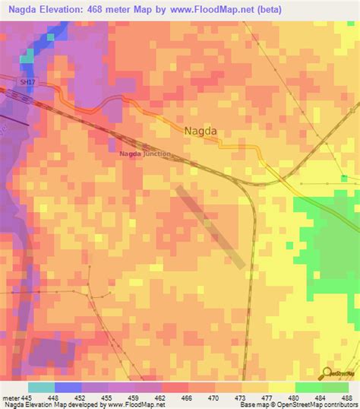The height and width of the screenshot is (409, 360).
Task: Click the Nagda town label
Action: click(201, 131)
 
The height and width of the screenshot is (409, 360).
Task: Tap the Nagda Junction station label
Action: click(144, 155)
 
